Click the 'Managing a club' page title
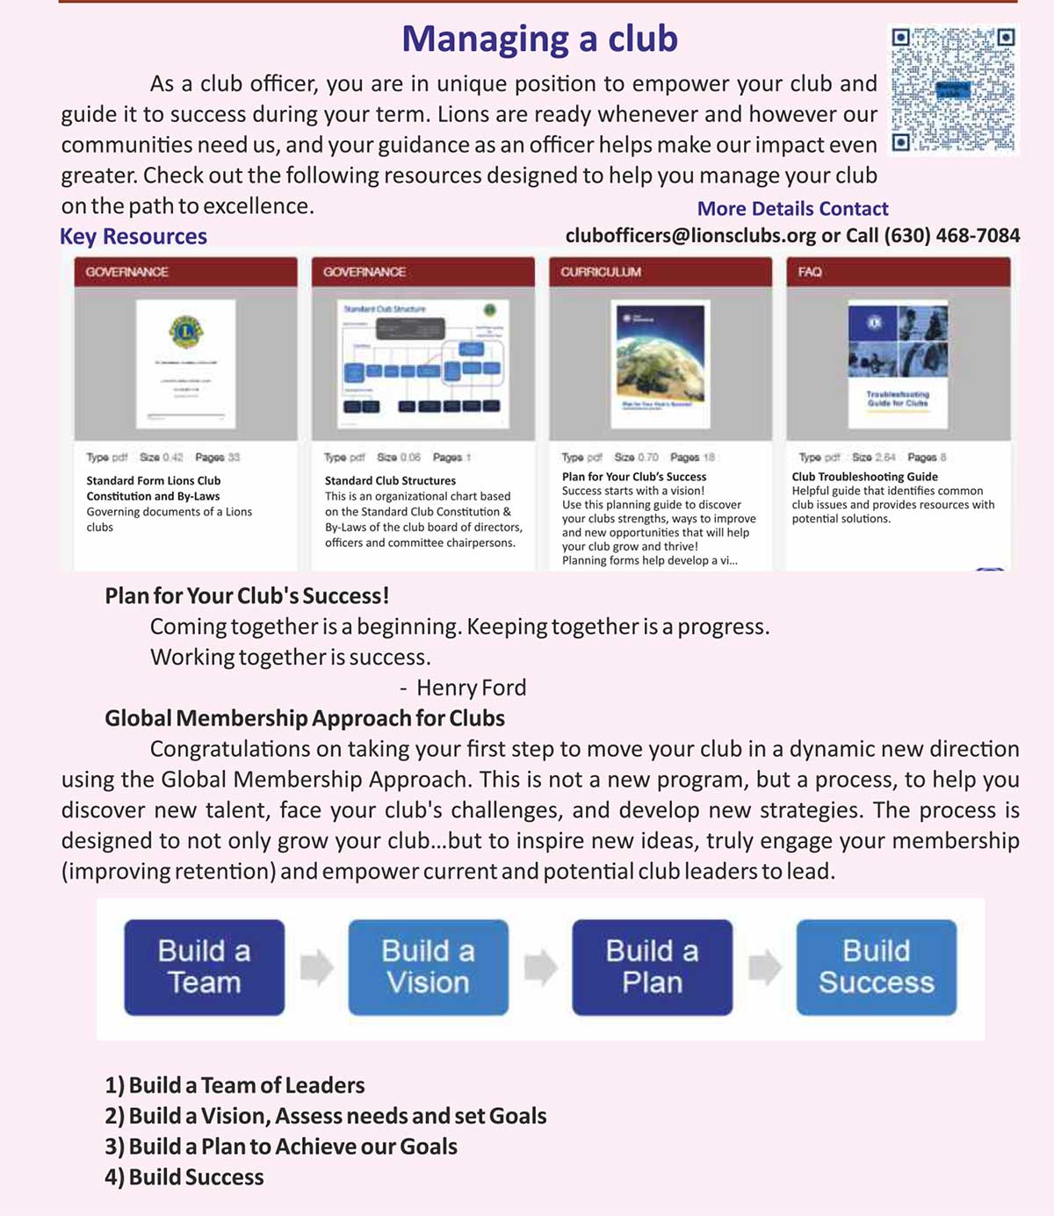coord(539,40)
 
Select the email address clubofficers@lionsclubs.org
coord(690,235)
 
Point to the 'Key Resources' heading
coord(134,236)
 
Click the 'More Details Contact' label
coord(792,209)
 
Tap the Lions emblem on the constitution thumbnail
coord(185,332)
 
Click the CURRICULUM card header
coord(660,272)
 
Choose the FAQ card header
coord(898,272)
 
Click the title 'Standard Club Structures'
coord(390,480)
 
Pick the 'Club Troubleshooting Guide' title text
coord(864,477)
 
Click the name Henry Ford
coord(471,687)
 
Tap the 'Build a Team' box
coord(204,967)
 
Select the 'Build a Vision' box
coord(428,967)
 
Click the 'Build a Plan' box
coord(652,967)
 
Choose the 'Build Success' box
coord(876,967)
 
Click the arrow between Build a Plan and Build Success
coord(764,968)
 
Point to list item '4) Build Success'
coord(184,1177)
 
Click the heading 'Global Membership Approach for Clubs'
coord(305,718)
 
